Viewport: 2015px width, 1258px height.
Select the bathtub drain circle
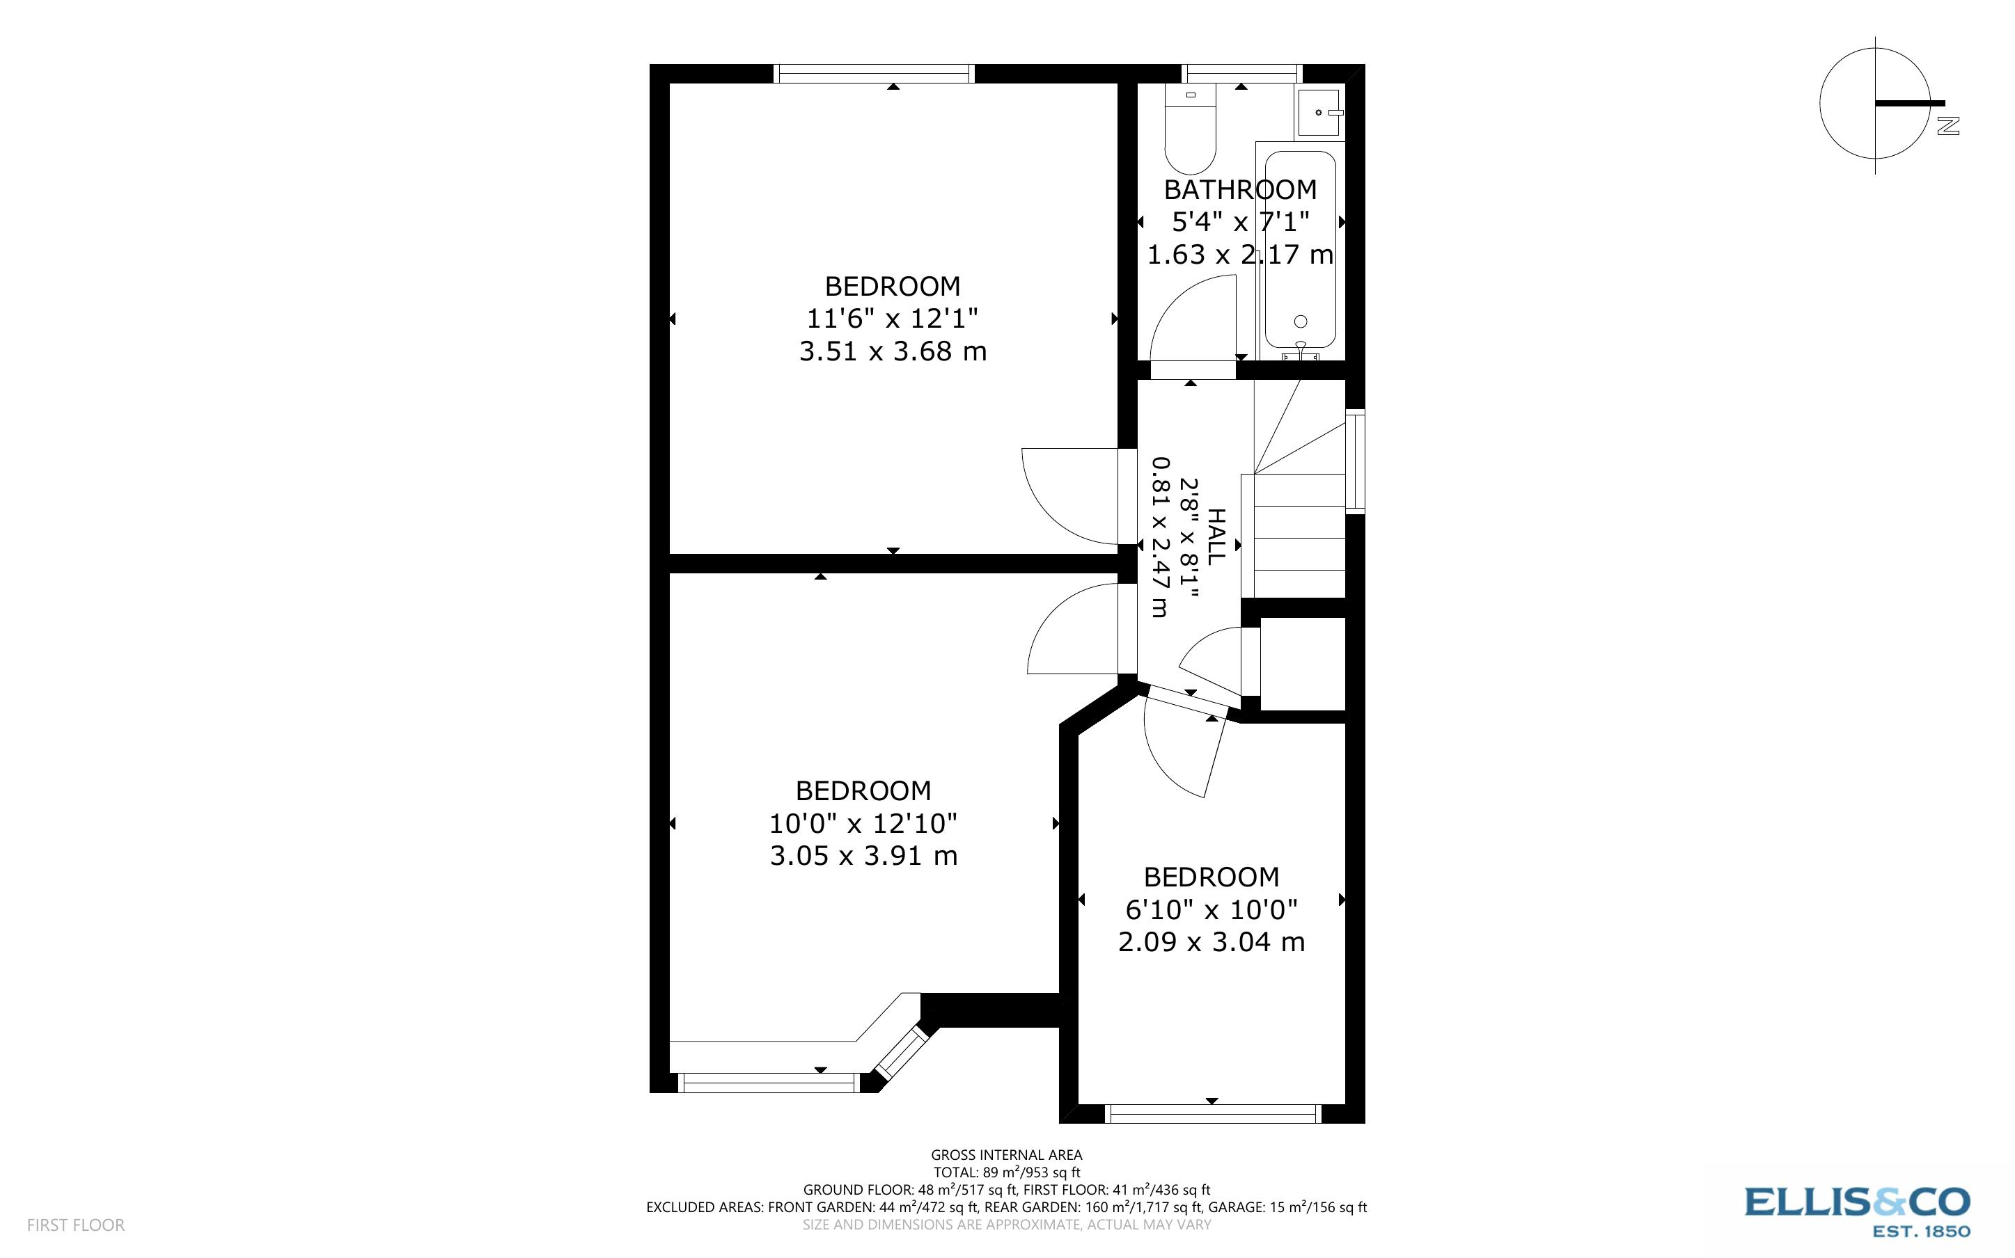pos(1301,321)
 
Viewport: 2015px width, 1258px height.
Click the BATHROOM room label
pos(1240,190)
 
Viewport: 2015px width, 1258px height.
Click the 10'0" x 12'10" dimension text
pos(863,824)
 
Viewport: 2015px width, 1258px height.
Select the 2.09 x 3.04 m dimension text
pos(1211,942)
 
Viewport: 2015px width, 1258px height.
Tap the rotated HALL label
pos(1216,536)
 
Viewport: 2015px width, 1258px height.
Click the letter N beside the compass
pos(1948,126)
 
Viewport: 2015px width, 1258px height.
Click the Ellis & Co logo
pos(1858,1211)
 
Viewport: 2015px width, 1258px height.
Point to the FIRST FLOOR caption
pos(76,1225)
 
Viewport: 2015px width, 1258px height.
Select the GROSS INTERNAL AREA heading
pos(1006,1155)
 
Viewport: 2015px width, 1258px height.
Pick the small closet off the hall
pos(1303,663)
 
